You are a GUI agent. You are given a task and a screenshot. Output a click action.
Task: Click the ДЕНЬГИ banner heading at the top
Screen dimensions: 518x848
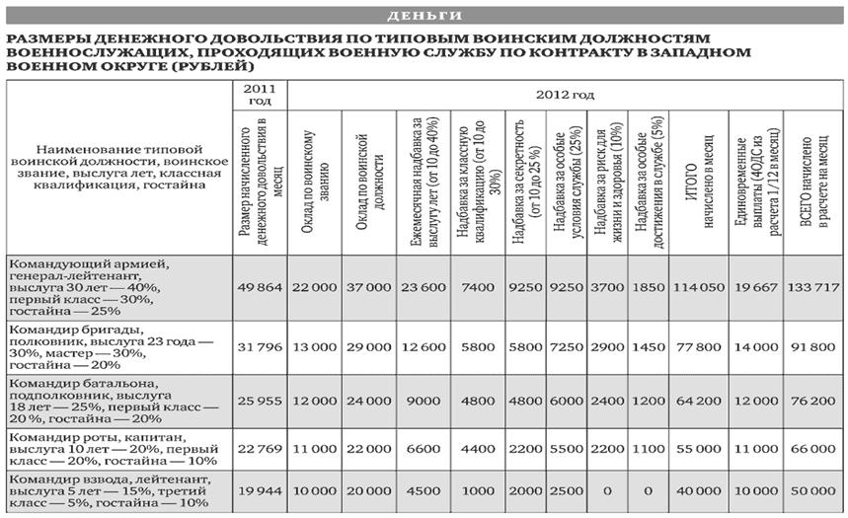[x=424, y=16]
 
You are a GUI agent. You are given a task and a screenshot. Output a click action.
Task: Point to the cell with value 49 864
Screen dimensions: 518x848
[x=260, y=286]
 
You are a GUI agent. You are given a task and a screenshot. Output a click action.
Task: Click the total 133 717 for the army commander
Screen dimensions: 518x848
[x=813, y=286]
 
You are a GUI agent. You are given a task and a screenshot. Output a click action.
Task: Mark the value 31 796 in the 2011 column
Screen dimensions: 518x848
[x=260, y=344]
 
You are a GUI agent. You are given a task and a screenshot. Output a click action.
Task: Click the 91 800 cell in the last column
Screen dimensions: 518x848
[x=813, y=344]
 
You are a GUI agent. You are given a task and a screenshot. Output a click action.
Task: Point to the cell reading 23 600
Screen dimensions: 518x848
[x=423, y=286]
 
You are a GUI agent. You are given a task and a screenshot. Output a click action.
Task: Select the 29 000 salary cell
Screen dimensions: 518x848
[x=368, y=344]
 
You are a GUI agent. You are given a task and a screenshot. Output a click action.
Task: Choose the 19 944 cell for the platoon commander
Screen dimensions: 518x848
[x=260, y=491]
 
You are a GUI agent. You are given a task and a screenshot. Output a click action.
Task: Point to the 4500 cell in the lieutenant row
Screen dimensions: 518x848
[x=423, y=491]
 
